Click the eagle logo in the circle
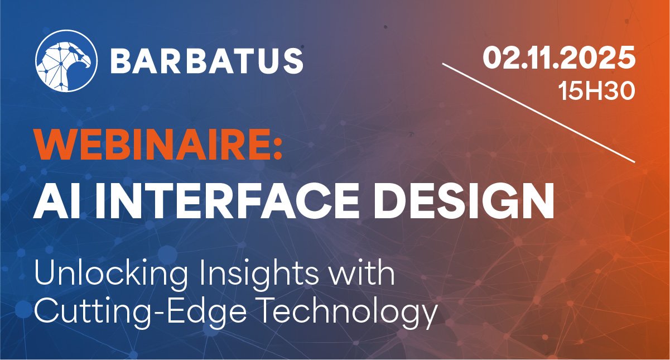(x=66, y=61)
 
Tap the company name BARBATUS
(x=207, y=61)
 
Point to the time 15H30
(x=596, y=91)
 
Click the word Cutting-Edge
(x=141, y=311)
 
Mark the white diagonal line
(x=539, y=113)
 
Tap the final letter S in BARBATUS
(x=292, y=61)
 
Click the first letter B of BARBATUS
(x=122, y=61)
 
